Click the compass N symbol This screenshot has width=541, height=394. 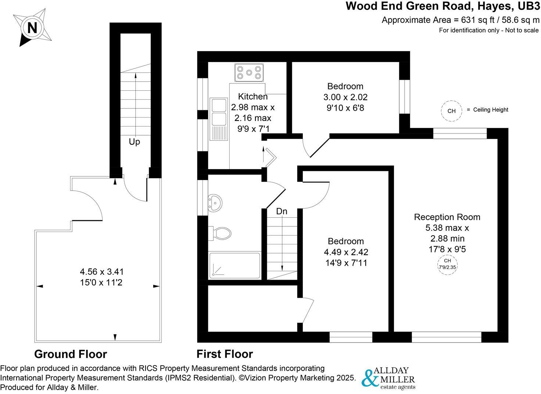[32, 28]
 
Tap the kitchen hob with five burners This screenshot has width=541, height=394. [250, 72]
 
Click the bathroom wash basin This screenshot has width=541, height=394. [215, 203]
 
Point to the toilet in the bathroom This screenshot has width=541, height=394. [221, 233]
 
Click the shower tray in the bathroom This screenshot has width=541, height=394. [234, 265]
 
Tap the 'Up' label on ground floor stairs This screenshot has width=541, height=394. [134, 142]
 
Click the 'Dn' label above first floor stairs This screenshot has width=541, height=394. [282, 211]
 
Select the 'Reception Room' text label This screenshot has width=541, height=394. [447, 217]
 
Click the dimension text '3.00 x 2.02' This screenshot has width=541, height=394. [345, 97]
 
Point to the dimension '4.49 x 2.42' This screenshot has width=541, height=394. [346, 252]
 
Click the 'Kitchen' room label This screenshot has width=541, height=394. [253, 97]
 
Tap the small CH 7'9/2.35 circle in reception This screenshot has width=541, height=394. [447, 264]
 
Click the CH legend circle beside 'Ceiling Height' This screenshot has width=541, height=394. [451, 111]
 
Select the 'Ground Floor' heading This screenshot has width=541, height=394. [71, 354]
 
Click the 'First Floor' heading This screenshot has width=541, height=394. [225, 354]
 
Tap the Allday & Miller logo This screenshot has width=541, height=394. [388, 378]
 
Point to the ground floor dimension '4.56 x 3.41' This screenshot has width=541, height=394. [102, 272]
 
